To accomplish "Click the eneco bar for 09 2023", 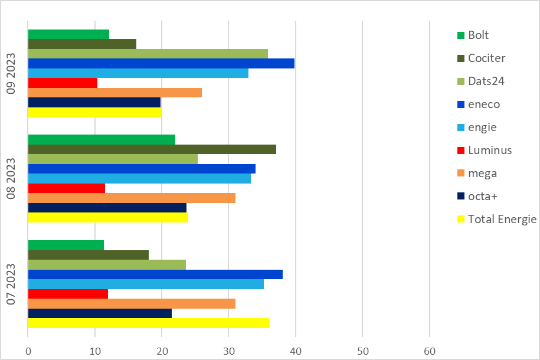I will click(x=161, y=64).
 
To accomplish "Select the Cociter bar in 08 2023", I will click(x=152, y=149).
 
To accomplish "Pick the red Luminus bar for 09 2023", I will click(x=63, y=83).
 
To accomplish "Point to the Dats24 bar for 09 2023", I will click(x=148, y=54).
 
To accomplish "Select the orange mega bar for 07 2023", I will click(x=132, y=303).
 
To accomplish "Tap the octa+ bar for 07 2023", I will click(x=100, y=313).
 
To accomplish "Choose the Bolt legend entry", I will click(x=478, y=35).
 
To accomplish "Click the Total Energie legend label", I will click(x=502, y=220).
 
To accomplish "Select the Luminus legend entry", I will click(x=489, y=150).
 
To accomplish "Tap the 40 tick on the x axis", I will click(x=296, y=351).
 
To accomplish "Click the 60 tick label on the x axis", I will click(x=429, y=351).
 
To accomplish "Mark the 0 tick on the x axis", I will click(x=28, y=351).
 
